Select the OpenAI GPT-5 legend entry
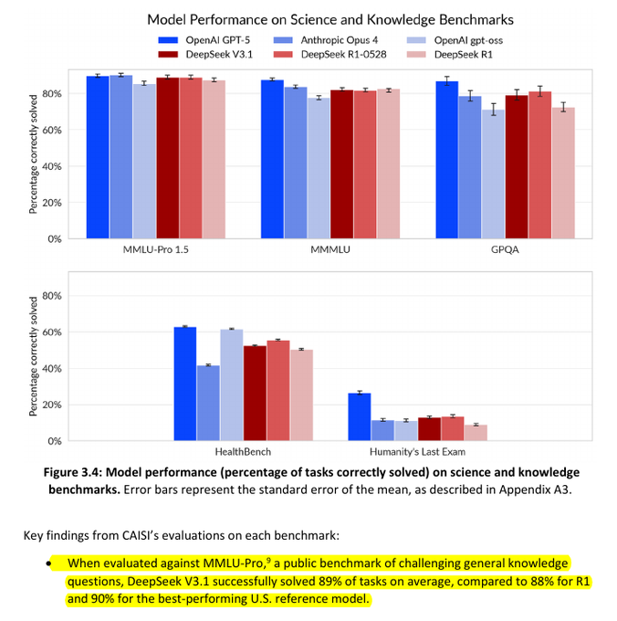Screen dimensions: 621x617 [209, 40]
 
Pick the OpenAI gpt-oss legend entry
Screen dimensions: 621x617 [466, 40]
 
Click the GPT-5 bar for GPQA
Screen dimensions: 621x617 [446, 160]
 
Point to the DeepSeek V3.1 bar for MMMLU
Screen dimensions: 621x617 [341, 164]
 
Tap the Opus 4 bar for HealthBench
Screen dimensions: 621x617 [208, 403]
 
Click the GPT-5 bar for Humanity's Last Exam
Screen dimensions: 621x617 [359, 416]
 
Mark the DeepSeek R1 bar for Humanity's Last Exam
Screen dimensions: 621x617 [476, 432]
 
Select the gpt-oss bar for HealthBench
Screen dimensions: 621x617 [231, 384]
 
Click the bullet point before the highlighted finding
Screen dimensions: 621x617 [47, 564]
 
